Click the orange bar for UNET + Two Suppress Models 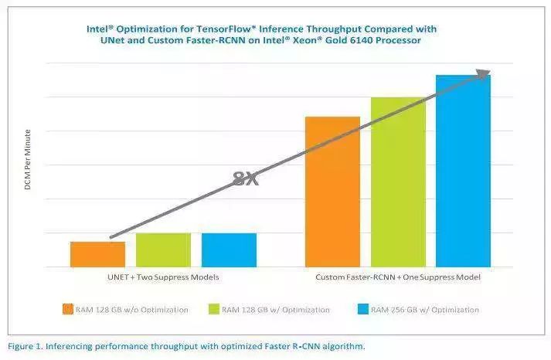[97, 254]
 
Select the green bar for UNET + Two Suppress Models [163, 250]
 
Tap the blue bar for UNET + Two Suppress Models [229, 250]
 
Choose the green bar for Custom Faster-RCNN [398, 182]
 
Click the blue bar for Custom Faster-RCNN [463, 171]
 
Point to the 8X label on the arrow [245, 179]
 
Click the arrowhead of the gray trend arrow [483, 74]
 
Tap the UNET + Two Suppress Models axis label [163, 277]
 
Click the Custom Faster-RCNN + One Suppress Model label [398, 277]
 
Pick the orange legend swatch [68, 310]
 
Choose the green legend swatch [213, 310]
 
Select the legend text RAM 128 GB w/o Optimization [131, 310]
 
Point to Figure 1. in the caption [26, 346]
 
